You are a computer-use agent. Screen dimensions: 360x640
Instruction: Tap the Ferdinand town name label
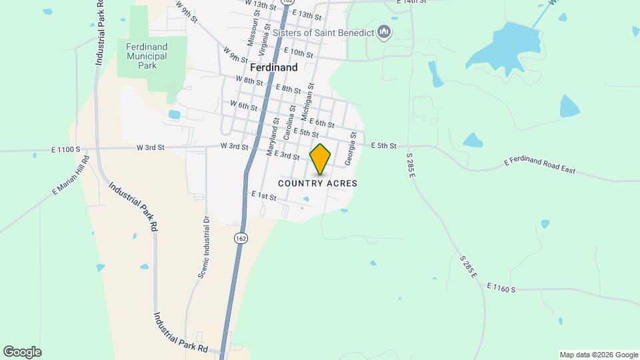(274, 67)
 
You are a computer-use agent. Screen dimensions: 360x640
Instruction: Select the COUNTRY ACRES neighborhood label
(317, 183)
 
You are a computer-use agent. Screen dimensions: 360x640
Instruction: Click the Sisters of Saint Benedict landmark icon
(383, 31)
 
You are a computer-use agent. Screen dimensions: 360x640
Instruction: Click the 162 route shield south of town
(240, 237)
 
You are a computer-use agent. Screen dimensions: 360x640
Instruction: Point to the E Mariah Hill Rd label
(71, 176)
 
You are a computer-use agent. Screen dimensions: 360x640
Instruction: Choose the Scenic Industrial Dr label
(202, 247)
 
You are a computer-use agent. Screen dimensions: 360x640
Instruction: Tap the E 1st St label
(264, 195)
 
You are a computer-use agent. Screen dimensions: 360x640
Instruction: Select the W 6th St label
(243, 105)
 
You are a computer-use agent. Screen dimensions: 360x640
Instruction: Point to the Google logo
(22, 352)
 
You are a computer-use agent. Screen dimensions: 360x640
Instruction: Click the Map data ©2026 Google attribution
(598, 355)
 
